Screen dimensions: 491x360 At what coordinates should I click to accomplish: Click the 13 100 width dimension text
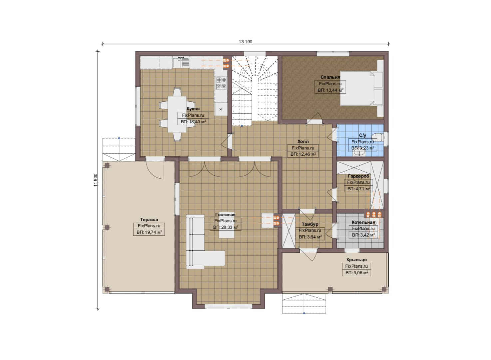(245, 42)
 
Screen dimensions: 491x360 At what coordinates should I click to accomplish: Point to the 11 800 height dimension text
(95, 180)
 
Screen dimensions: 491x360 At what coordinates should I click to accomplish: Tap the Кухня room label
(193, 109)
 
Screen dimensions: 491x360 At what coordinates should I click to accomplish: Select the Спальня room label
(330, 77)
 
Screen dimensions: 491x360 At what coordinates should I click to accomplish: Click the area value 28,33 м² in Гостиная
(226, 227)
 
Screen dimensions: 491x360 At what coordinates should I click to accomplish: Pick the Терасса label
(149, 220)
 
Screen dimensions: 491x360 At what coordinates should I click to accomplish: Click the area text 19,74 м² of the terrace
(149, 232)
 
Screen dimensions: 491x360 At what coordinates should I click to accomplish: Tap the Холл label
(303, 141)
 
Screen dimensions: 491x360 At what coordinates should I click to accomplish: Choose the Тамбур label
(310, 224)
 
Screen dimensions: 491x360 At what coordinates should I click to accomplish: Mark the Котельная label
(363, 222)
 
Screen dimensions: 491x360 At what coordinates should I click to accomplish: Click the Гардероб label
(359, 176)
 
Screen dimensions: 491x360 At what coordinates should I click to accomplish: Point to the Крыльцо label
(357, 260)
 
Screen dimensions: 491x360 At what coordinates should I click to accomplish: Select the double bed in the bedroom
(361, 88)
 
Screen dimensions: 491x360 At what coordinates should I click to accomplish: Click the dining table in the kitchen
(177, 114)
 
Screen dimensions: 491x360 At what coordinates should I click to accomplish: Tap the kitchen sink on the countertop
(181, 62)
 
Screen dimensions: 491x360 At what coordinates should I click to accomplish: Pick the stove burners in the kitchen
(221, 83)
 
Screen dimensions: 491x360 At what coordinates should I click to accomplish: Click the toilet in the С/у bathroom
(377, 137)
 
